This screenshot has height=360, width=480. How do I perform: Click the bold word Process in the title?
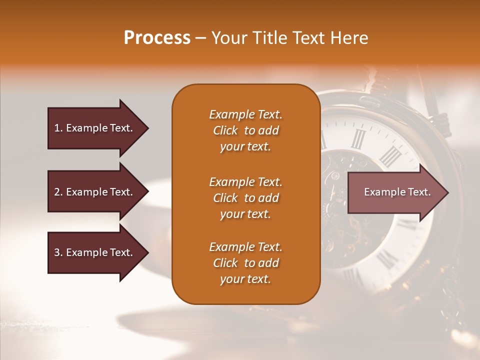pos(157,38)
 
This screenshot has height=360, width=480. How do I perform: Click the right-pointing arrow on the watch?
pos(395,192)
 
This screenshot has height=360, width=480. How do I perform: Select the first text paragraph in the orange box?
pos(245,130)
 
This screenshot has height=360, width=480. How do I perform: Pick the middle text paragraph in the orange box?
pos(245,198)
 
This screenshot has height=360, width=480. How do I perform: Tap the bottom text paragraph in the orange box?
pos(245,263)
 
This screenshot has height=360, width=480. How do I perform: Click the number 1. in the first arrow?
pos(58,128)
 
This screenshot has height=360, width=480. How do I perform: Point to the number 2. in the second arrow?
pos(58,192)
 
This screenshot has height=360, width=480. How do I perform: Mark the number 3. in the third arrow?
pos(58,252)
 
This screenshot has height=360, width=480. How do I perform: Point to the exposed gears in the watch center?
pos(345,200)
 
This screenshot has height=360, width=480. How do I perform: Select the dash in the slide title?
pos(200,38)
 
